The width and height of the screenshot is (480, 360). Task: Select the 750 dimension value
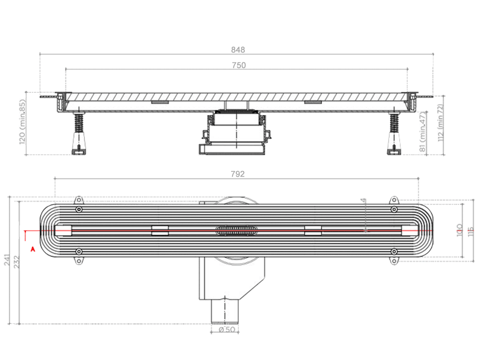pyautogui.click(x=238, y=66)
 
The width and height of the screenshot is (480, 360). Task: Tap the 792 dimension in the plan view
pyautogui.click(x=238, y=174)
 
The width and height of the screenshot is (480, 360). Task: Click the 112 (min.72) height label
pyautogui.click(x=439, y=123)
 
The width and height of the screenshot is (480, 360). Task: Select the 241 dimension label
pyautogui.click(x=7, y=260)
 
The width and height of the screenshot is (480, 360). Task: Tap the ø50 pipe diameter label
pyautogui.click(x=226, y=330)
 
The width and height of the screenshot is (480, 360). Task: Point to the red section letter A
pyautogui.click(x=32, y=249)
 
